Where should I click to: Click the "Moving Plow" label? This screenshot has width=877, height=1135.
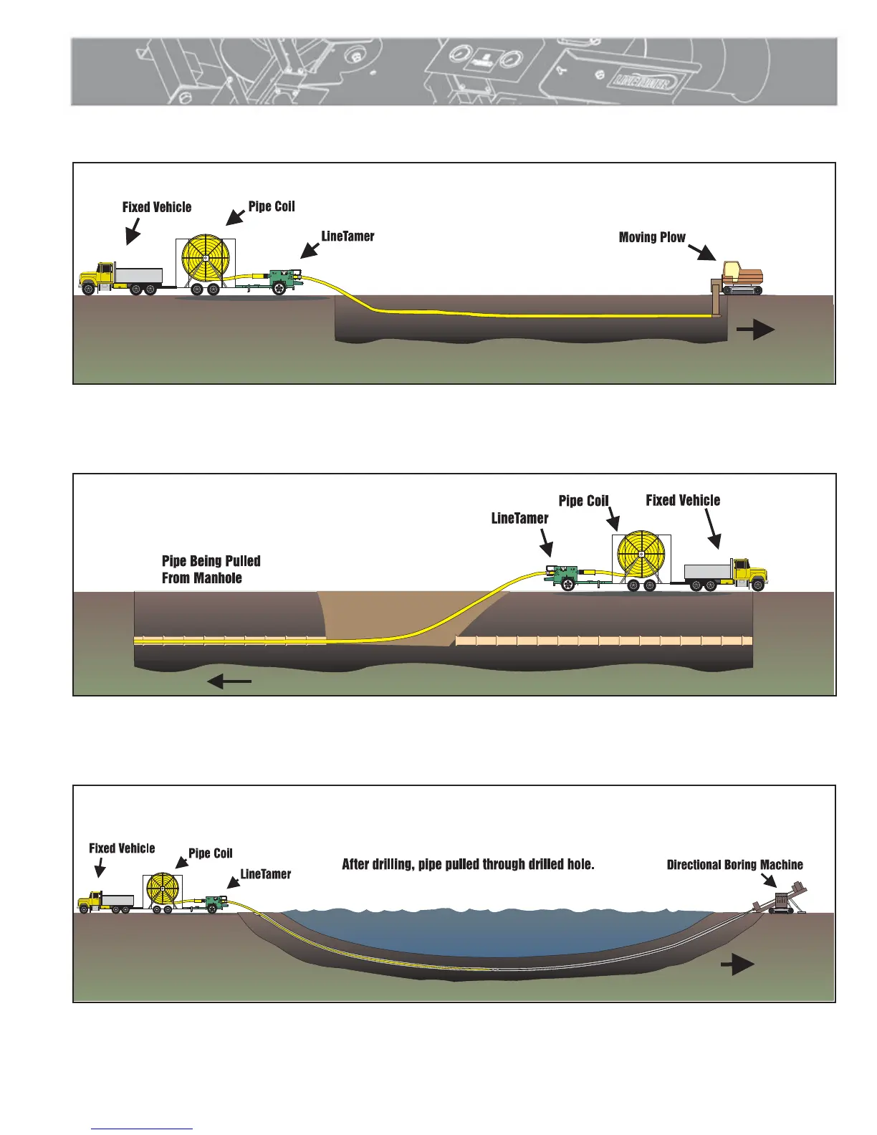(651, 237)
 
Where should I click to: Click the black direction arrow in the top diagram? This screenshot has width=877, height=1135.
(755, 330)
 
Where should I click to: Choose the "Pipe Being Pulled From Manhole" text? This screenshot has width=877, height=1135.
(211, 570)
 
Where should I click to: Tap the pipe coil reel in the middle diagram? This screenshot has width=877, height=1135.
(641, 555)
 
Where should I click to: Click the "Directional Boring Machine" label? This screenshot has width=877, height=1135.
(734, 865)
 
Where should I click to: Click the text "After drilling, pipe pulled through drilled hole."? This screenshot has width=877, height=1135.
(468, 864)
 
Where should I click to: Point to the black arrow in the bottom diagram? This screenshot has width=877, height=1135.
(737, 965)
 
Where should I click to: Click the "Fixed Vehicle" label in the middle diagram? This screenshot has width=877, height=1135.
(682, 500)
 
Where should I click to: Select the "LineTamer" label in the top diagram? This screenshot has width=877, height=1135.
(348, 236)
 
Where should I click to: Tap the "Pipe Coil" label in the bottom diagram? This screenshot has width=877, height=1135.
(210, 853)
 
